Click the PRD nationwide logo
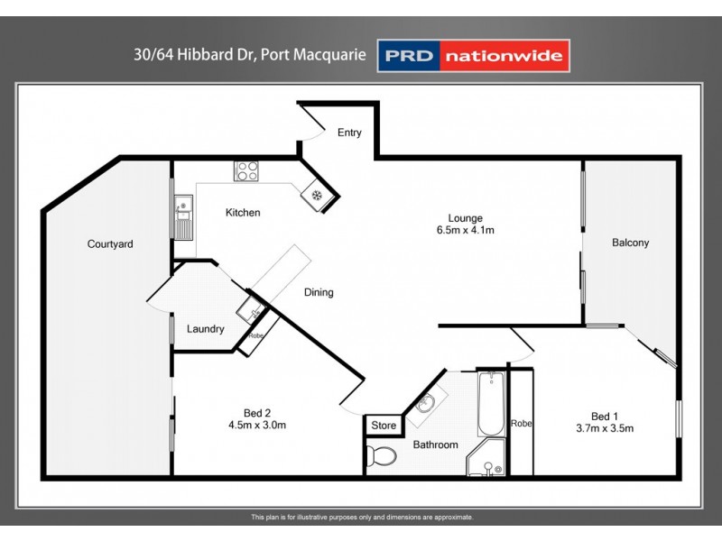tap(473, 56)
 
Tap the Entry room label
tap(349, 133)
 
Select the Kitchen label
tap(243, 213)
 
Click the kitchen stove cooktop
tap(246, 170)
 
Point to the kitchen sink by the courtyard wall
tap(183, 215)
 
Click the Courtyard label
tap(110, 243)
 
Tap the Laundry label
tap(206, 329)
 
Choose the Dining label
tap(319, 292)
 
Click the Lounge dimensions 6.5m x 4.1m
tap(466, 230)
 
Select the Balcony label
tap(630, 243)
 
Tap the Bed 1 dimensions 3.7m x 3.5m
tap(605, 428)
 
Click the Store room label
tap(384, 426)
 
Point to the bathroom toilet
tap(382, 456)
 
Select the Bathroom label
tap(436, 445)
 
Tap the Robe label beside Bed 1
tap(521, 423)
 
